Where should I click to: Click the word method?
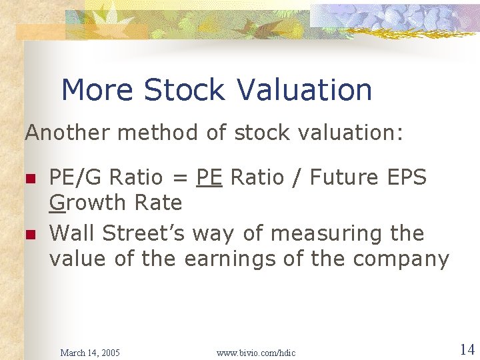158,133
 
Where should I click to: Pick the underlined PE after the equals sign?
209,178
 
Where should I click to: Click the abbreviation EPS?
406,178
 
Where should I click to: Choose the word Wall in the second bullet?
70,233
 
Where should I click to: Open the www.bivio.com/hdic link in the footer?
256,352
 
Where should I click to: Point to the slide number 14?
467,349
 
